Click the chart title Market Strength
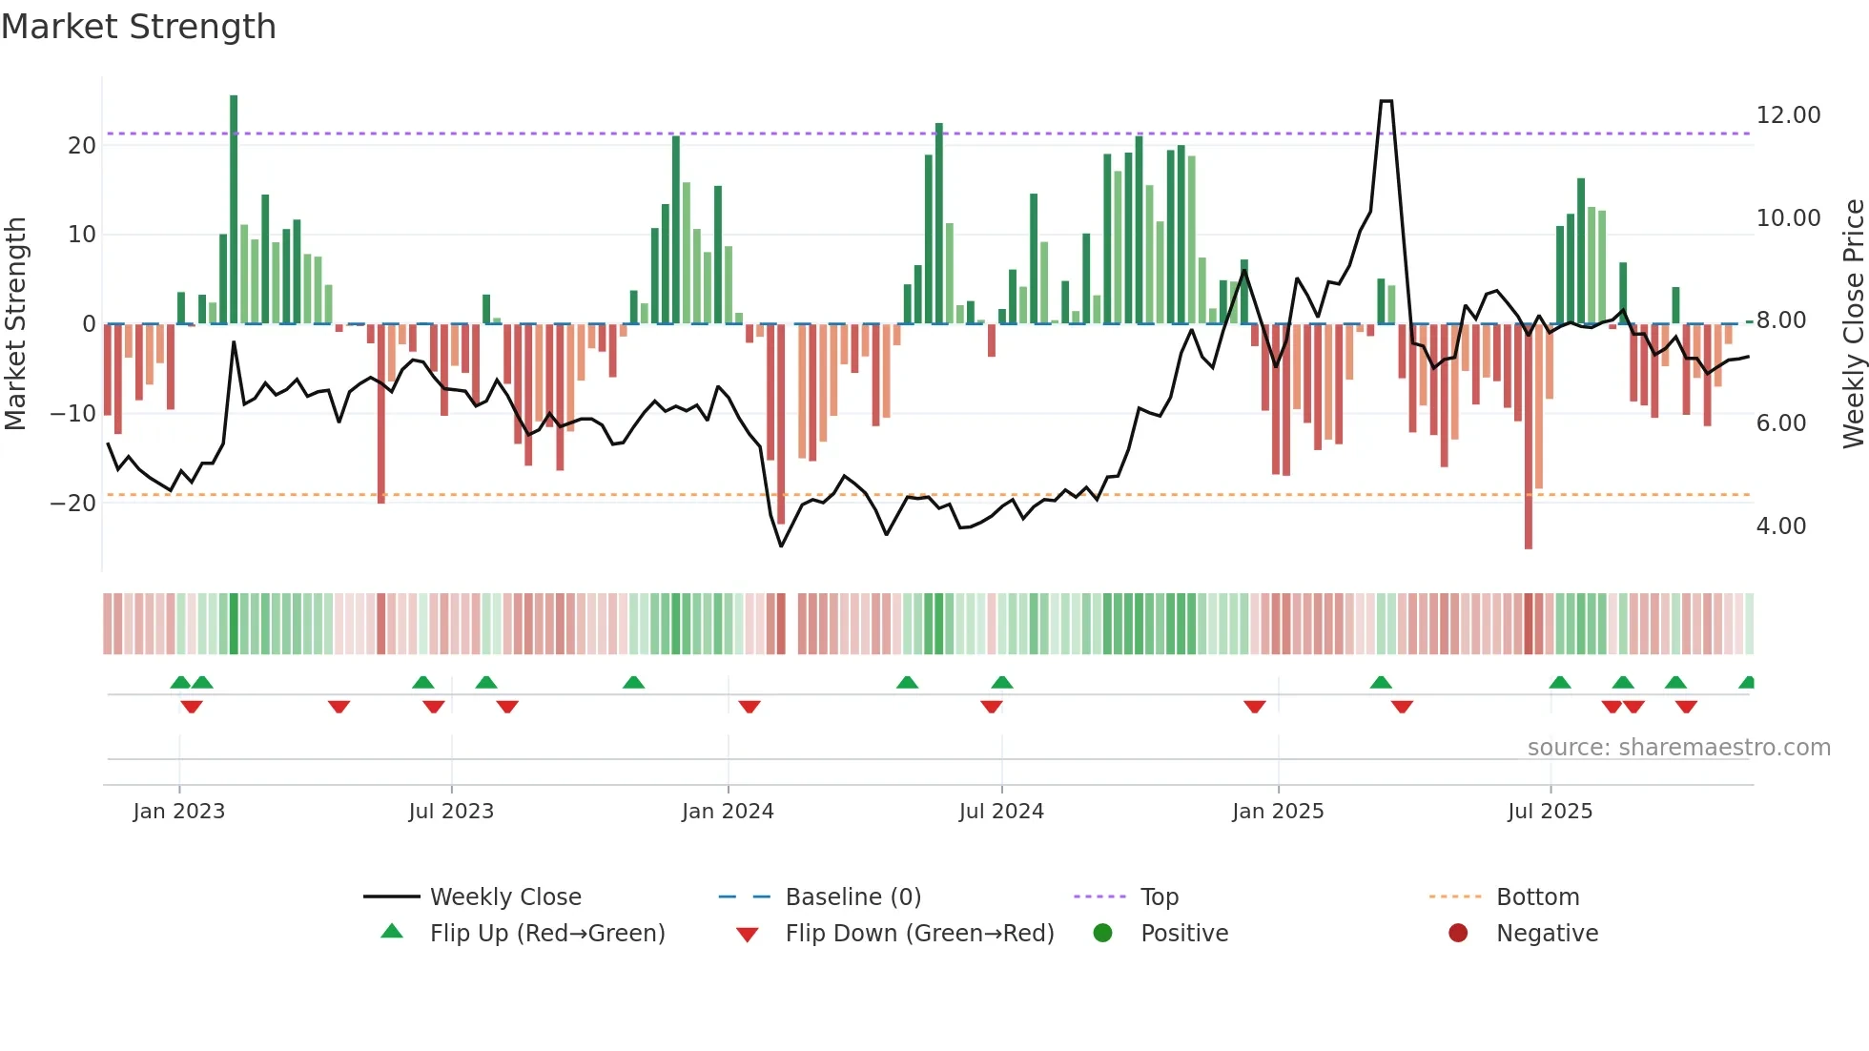tap(138, 27)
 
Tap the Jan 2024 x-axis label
tap(728, 812)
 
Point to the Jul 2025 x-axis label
tap(1550, 812)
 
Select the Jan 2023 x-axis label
tap(179, 812)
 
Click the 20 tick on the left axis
tap(82, 146)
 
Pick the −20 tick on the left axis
tap(73, 504)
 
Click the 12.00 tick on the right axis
tap(1788, 115)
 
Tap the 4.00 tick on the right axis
tap(1780, 526)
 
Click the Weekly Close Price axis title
tap(1853, 324)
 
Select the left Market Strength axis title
tap(15, 324)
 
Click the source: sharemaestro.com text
tap(1678, 748)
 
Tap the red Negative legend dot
tap(1457, 934)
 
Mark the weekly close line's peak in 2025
tap(1386, 101)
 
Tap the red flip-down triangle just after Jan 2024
tap(750, 707)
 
